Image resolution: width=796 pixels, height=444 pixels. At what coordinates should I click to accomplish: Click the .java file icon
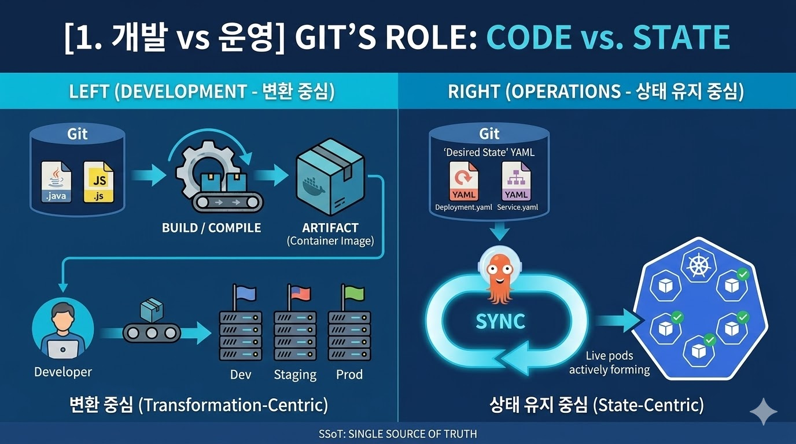(x=57, y=181)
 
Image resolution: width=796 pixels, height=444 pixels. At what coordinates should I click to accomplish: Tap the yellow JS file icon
(x=99, y=181)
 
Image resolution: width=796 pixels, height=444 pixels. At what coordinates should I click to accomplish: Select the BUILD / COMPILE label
(x=211, y=228)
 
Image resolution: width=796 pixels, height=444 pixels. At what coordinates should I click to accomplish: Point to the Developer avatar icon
(x=62, y=330)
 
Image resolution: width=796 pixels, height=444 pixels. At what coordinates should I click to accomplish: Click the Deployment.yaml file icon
(x=464, y=181)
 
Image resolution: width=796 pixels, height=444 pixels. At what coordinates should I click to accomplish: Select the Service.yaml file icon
(x=516, y=181)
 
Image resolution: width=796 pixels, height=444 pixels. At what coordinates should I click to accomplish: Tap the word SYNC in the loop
(x=500, y=321)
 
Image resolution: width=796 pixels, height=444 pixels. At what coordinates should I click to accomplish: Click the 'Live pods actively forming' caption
(x=609, y=363)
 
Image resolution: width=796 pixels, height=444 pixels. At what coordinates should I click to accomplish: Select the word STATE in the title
(x=681, y=38)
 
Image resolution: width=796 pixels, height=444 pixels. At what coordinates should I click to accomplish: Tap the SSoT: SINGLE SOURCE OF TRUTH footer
(x=398, y=434)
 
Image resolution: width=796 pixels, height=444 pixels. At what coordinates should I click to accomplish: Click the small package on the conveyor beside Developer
(x=152, y=310)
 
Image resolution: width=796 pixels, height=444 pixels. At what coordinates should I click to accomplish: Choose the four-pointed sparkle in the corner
(x=764, y=412)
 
